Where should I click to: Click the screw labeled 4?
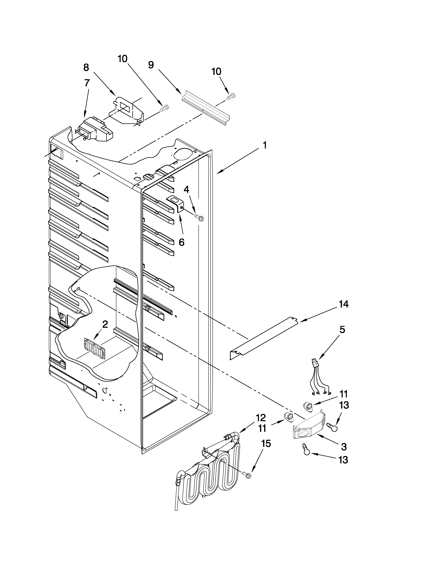pos(199,217)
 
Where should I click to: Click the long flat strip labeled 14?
pos(265,338)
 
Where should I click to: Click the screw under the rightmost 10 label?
pos(230,97)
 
